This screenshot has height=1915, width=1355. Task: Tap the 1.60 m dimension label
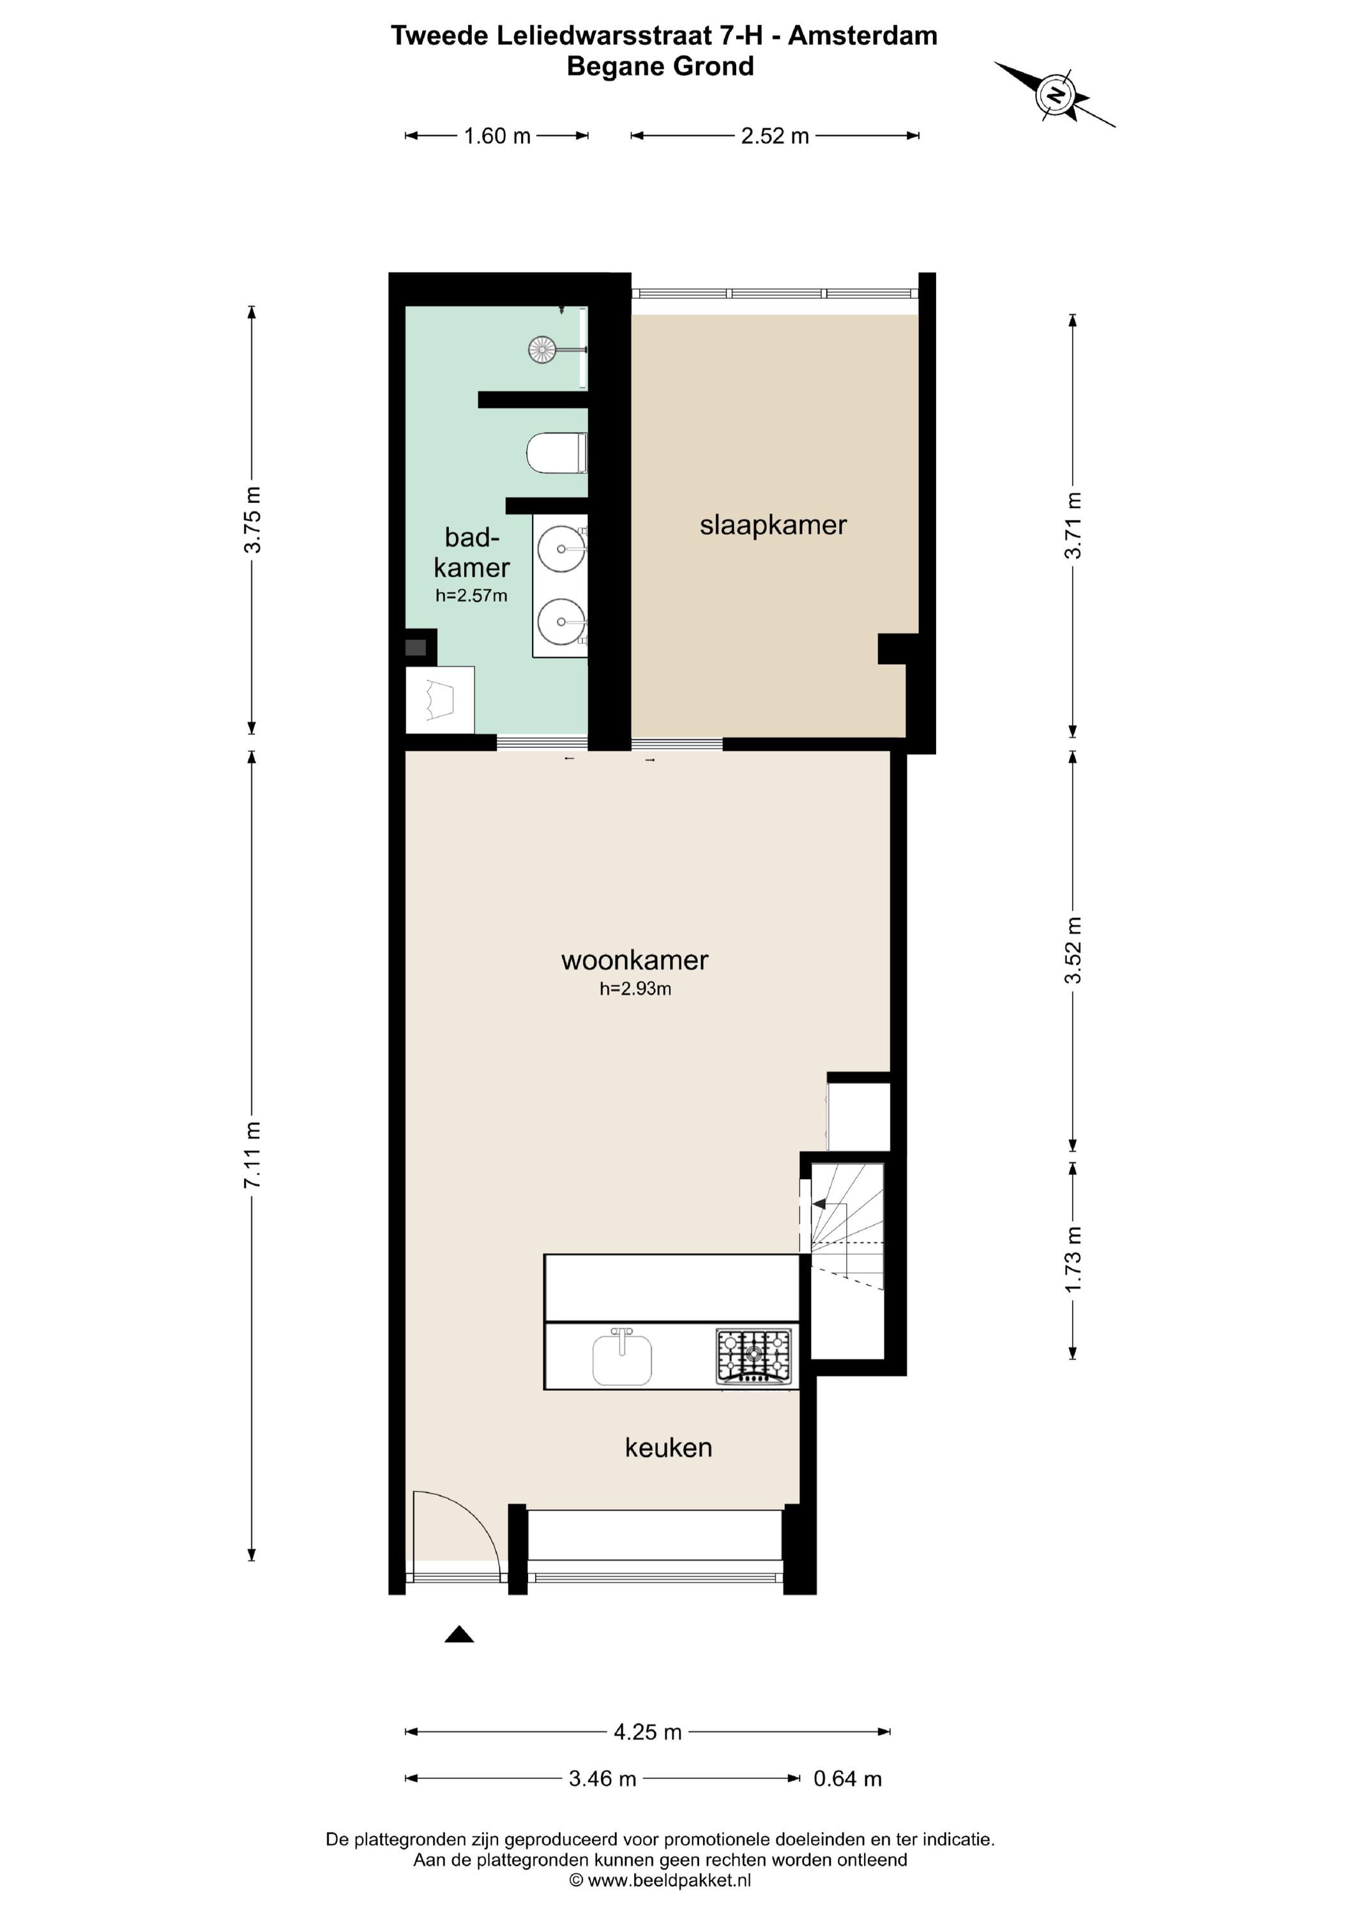point(497,136)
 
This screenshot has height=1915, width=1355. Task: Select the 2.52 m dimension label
point(775,136)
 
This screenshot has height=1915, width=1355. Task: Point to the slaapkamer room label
point(773,525)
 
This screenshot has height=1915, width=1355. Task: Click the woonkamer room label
point(635,960)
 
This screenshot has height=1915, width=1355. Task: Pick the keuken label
point(669,1447)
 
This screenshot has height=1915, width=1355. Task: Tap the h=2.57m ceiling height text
point(471,596)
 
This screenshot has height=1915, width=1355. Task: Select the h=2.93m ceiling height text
point(635,989)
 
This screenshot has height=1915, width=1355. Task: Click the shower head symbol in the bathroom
point(542,349)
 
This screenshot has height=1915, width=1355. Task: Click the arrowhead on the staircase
point(819,1203)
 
